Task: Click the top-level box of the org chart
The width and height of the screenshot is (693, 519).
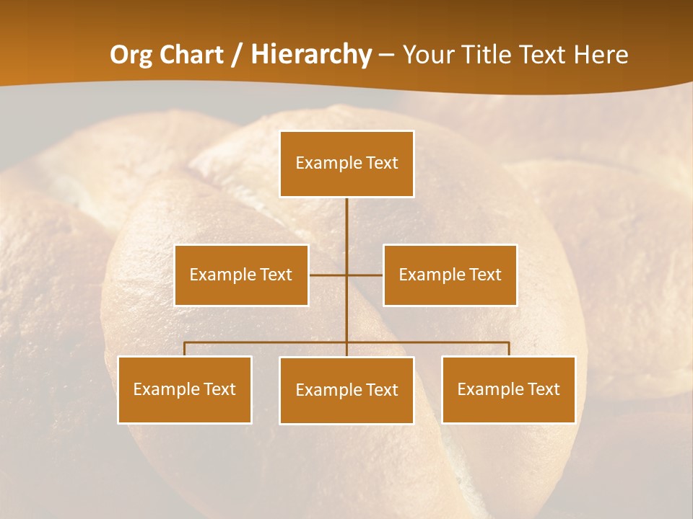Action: click(x=346, y=164)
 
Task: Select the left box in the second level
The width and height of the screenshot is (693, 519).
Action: click(x=241, y=275)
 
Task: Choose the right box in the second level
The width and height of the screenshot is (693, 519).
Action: click(x=450, y=275)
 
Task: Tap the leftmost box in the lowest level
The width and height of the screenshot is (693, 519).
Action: click(x=185, y=389)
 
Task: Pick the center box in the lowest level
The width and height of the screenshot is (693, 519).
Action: click(x=346, y=390)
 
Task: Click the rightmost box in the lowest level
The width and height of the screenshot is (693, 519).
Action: click(x=508, y=389)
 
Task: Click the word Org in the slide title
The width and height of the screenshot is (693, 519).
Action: click(x=131, y=55)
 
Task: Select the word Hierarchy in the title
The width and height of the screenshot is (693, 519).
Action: click(x=311, y=55)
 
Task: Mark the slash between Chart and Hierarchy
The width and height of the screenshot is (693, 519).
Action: click(x=236, y=55)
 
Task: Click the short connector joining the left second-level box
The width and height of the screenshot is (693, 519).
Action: click(x=328, y=275)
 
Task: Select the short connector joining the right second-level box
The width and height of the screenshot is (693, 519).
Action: click(x=365, y=275)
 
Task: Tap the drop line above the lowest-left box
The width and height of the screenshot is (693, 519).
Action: click(x=185, y=349)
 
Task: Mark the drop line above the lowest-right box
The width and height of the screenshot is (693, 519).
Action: click(x=508, y=349)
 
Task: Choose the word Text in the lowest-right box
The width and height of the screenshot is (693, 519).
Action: click(x=544, y=389)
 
